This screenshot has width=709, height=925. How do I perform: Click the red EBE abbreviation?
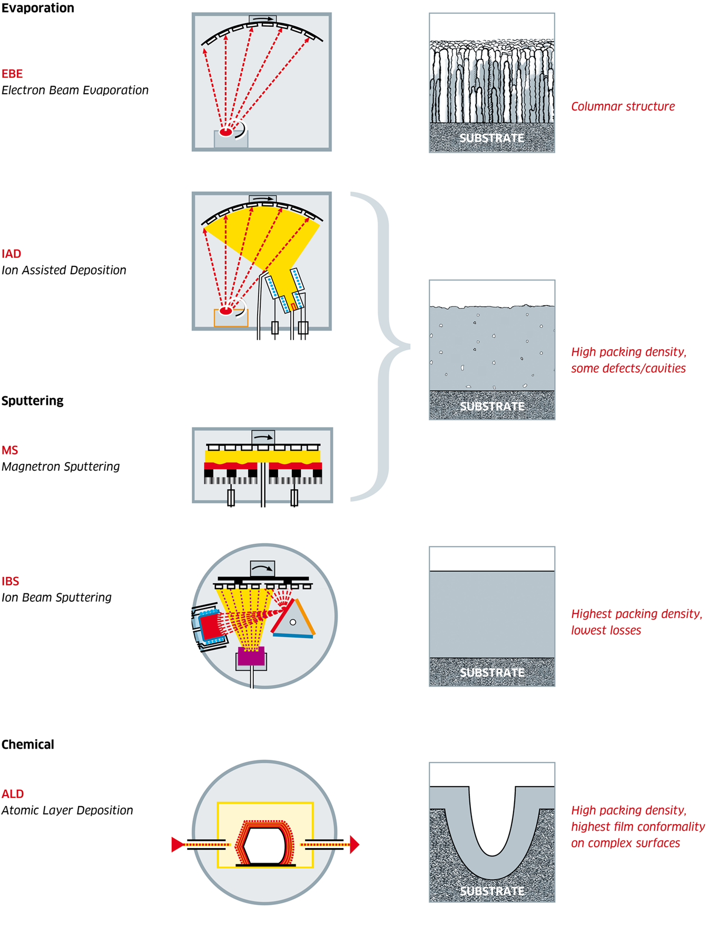(12, 74)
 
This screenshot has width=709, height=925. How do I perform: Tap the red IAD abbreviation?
(12, 254)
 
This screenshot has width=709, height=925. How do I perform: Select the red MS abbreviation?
(10, 450)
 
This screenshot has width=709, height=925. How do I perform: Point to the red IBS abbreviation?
(11, 581)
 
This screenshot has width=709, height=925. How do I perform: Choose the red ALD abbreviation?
(13, 794)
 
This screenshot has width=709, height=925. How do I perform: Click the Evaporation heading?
(38, 8)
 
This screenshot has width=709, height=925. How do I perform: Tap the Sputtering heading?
(33, 401)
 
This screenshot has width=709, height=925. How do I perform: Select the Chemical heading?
(28, 744)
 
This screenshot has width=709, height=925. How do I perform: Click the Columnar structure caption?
(623, 106)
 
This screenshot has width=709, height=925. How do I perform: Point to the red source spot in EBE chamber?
(226, 132)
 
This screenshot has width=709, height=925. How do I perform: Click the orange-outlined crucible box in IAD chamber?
(231, 318)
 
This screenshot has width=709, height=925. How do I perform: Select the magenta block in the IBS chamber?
(251, 657)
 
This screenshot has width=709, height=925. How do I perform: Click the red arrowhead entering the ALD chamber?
(178, 844)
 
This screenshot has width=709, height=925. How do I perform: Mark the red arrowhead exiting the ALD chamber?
(354, 844)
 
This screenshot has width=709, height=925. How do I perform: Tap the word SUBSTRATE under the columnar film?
(492, 138)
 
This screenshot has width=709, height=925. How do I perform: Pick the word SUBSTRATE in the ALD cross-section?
(492, 891)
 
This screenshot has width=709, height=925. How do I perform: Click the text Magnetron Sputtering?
(61, 467)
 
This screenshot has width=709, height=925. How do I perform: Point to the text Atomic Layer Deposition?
(67, 811)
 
